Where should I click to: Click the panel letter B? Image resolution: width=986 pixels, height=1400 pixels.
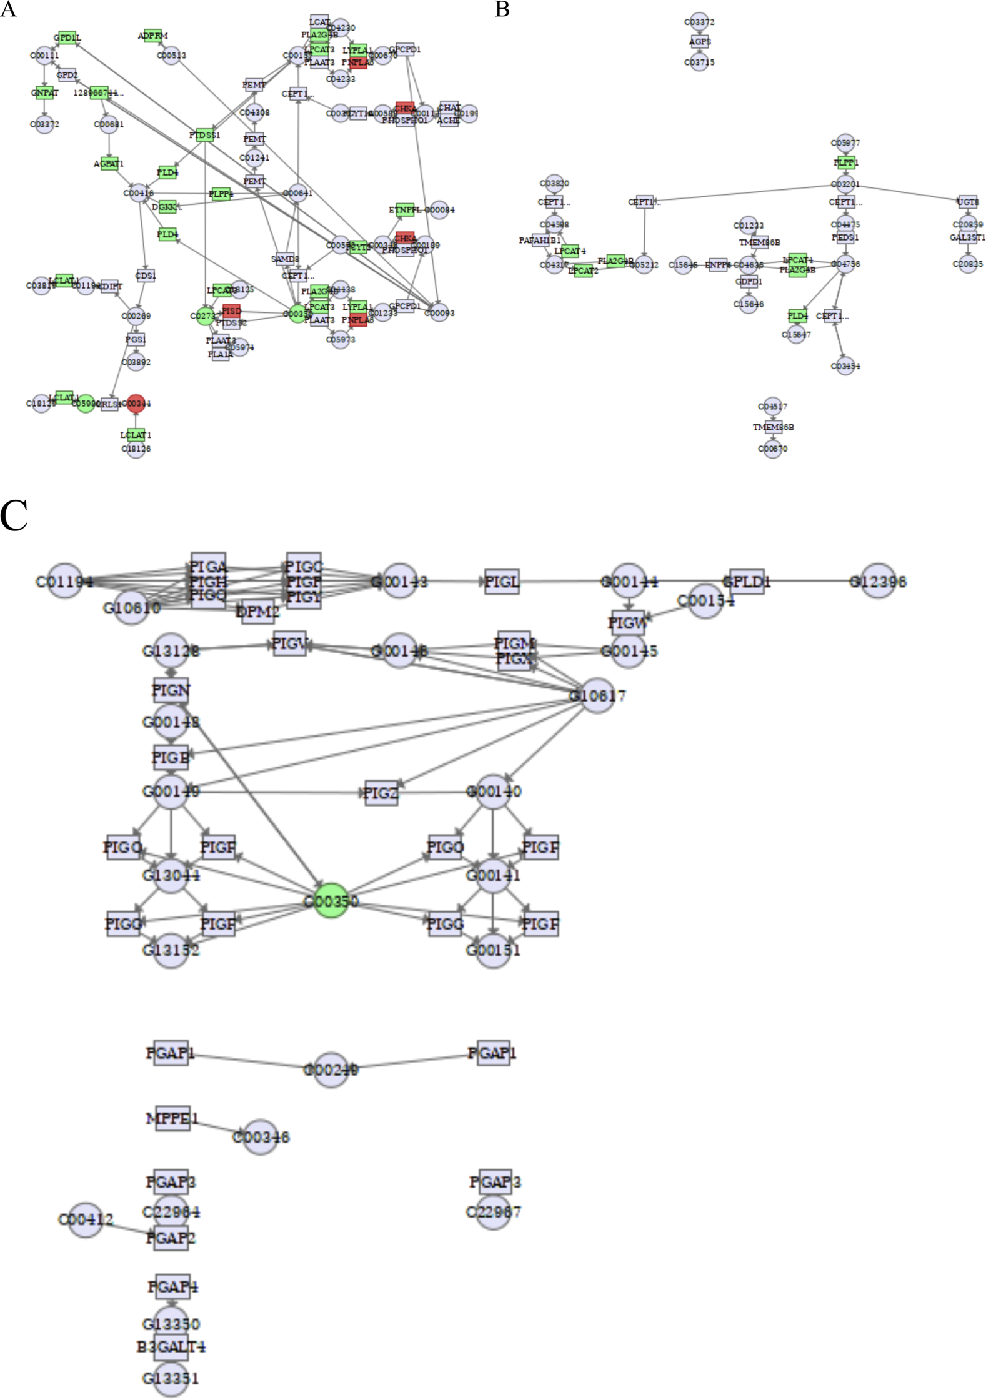point(502,9)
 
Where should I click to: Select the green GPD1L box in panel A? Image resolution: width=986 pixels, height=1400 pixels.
point(67,37)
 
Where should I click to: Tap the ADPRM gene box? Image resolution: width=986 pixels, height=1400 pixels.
point(152,36)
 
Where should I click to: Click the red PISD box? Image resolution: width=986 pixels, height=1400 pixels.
point(231,310)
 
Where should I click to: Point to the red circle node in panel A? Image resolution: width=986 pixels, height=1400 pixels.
point(136,404)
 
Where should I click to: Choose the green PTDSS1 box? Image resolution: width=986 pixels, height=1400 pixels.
point(204,134)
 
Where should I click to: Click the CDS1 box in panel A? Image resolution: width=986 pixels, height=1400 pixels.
point(145,276)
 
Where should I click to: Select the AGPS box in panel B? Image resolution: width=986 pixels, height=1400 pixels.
point(700,42)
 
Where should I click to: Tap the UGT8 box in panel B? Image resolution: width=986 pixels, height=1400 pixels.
point(967,201)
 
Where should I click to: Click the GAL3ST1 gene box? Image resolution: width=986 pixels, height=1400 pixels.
point(967,237)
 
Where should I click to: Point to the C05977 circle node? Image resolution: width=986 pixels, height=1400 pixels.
point(845,142)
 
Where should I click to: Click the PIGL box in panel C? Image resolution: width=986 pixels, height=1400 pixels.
point(502,582)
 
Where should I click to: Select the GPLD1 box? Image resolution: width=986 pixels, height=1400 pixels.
point(747,582)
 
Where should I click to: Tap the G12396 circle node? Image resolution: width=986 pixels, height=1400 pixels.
point(878,582)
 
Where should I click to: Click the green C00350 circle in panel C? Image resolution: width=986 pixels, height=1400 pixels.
point(331,900)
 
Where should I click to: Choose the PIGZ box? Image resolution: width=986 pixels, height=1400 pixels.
point(381,793)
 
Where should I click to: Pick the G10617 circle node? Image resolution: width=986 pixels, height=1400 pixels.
point(597,695)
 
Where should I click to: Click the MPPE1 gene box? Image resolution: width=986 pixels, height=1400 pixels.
point(172,1118)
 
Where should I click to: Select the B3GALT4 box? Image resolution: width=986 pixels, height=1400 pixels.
point(171,1346)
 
